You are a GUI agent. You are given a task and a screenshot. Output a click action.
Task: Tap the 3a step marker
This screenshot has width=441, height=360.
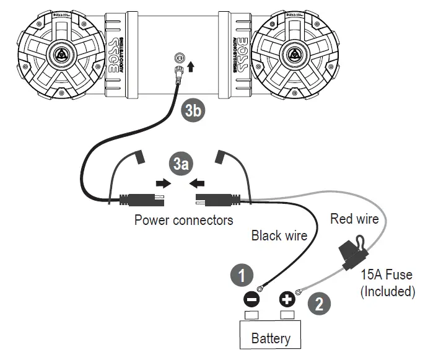click(x=180, y=164)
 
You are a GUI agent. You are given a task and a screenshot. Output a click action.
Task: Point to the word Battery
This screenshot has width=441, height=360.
click(x=271, y=338)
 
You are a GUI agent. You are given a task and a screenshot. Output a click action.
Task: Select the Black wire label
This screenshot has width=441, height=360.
click(x=279, y=235)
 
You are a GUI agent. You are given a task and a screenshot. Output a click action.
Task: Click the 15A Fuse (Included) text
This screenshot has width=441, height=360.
click(x=387, y=283)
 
